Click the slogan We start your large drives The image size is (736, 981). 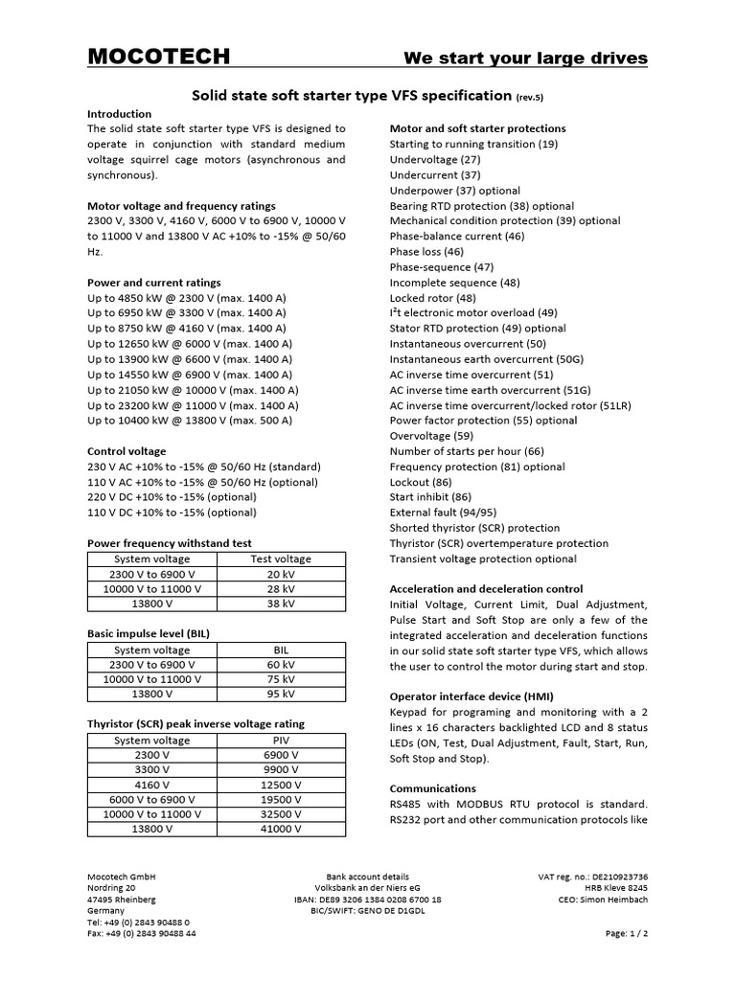pyautogui.click(x=525, y=58)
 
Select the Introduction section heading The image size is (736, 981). pyautogui.click(x=120, y=113)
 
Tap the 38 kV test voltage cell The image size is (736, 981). pyautogui.click(x=281, y=605)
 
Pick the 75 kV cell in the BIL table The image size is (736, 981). pyautogui.click(x=281, y=679)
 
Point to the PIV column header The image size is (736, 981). pyautogui.click(x=281, y=740)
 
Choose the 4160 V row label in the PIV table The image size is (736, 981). pyautogui.click(x=152, y=785)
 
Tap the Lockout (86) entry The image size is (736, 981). pyautogui.click(x=421, y=482)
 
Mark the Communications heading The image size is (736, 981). pyautogui.click(x=432, y=788)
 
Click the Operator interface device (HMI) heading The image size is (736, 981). pyautogui.click(x=471, y=696)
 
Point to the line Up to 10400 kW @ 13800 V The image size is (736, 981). pyautogui.click(x=190, y=421)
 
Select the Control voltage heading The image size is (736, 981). pyautogui.click(x=126, y=451)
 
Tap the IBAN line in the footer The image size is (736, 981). pyautogui.click(x=367, y=900)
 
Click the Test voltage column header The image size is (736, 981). pyautogui.click(x=281, y=559)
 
